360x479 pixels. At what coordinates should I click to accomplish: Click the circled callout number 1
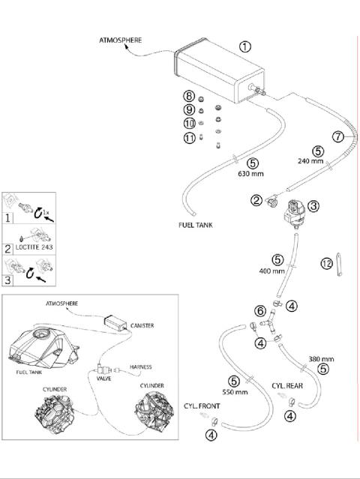[x=245, y=46]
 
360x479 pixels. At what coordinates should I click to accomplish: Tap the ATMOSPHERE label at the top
[x=121, y=40]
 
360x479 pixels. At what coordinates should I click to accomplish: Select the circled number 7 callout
[x=338, y=136]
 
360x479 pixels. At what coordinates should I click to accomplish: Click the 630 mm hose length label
[x=250, y=173]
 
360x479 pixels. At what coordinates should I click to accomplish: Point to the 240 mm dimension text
[x=310, y=160]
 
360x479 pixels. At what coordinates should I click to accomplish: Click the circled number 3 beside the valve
[x=313, y=206]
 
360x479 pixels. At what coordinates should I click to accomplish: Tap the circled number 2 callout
[x=256, y=200]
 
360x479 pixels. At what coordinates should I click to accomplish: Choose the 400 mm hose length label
[x=271, y=271]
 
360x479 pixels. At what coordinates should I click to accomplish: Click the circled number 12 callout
[x=327, y=263]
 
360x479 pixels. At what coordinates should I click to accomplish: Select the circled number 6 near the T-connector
[x=260, y=311]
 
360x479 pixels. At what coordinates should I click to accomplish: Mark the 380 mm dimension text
[x=321, y=359]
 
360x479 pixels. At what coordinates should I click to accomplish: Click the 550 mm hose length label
[x=235, y=392]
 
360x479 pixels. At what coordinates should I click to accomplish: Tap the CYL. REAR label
[x=287, y=386]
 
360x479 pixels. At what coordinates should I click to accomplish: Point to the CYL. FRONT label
[x=202, y=406]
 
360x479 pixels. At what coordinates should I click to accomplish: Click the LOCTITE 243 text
[x=34, y=247]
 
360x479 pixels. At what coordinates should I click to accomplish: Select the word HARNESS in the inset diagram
[x=140, y=367]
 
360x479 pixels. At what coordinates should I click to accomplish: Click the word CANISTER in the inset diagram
[x=142, y=325]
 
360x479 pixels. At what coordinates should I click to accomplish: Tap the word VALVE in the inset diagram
[x=103, y=379]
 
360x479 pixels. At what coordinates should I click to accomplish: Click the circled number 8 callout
[x=189, y=96]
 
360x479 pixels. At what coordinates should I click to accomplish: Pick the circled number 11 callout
[x=190, y=138]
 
